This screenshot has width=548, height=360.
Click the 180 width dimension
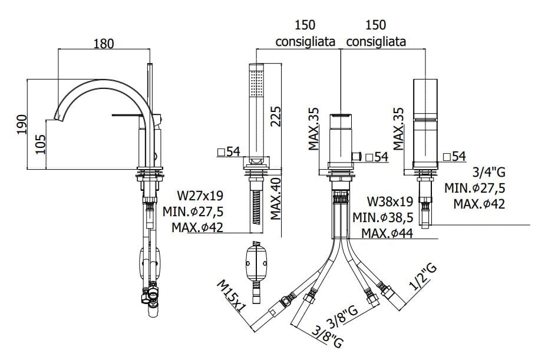[x=103, y=43]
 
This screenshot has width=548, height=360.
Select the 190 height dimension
[x=21, y=124]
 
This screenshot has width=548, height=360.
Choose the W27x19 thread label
[x=200, y=195]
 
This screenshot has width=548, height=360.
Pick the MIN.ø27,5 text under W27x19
[x=194, y=212]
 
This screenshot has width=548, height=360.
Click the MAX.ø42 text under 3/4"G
[x=480, y=204]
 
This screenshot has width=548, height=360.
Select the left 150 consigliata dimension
[x=306, y=34]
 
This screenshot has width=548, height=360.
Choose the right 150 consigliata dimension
[x=376, y=34]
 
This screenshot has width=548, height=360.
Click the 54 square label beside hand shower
[x=229, y=152]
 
